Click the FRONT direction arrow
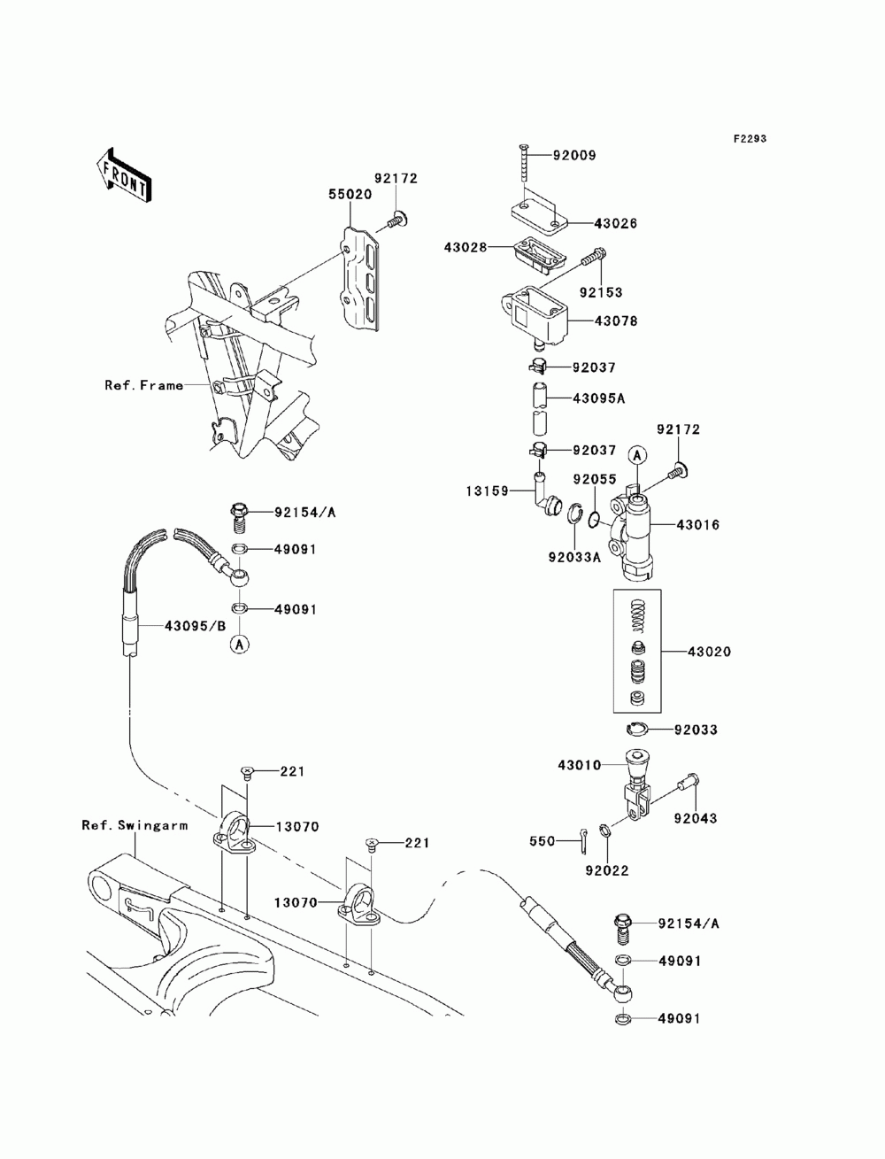tap(124, 174)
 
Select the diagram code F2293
tap(750, 139)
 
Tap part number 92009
tap(574, 155)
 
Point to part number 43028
tap(466, 246)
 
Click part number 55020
tap(350, 194)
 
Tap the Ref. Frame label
tap(144, 385)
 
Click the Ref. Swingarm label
tap(135, 825)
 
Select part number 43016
tap(698, 525)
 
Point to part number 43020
tap(709, 652)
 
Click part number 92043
tap(696, 818)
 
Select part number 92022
tap(607, 870)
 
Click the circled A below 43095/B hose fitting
tap(240, 645)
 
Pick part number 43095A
tap(599, 398)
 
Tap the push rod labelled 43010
tap(636, 787)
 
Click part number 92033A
tap(574, 557)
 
